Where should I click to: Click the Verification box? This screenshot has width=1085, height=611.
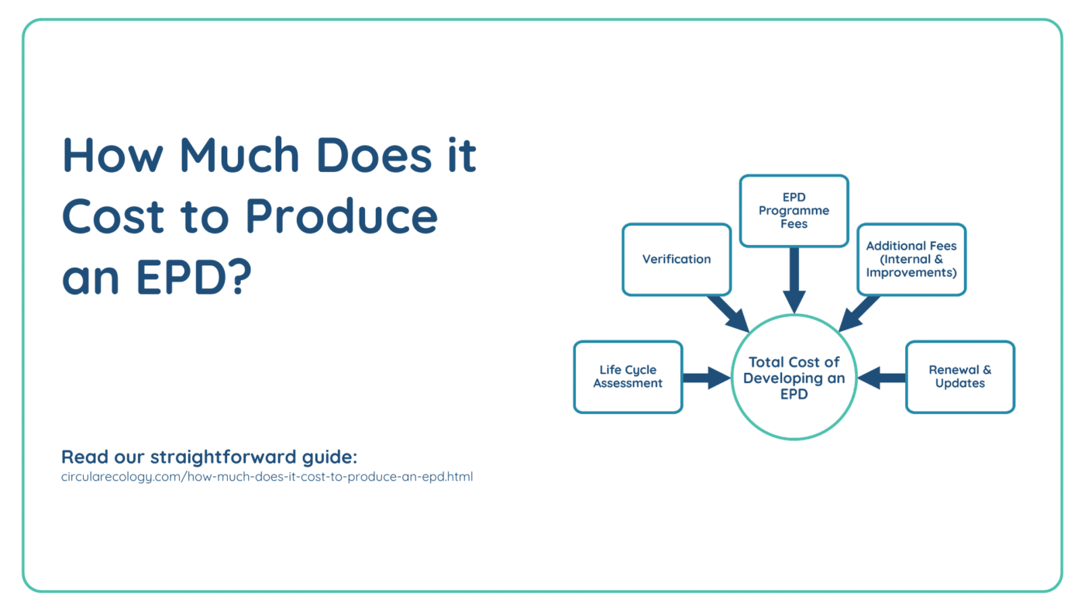(x=677, y=259)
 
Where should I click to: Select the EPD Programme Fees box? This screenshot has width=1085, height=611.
(x=794, y=211)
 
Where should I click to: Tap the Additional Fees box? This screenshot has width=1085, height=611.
(x=911, y=259)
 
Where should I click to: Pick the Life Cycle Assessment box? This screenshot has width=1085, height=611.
(x=628, y=377)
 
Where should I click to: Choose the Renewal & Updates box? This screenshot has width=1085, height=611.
(x=960, y=377)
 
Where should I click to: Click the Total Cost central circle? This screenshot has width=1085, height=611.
(x=794, y=378)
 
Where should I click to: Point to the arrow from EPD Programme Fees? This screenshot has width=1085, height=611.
(x=794, y=280)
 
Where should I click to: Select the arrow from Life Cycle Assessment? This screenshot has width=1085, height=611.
(x=707, y=378)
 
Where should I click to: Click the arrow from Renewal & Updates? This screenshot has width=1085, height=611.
(x=882, y=378)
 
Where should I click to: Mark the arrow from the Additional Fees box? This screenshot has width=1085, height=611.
(x=859, y=313)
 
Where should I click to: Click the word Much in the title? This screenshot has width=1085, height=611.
(x=239, y=155)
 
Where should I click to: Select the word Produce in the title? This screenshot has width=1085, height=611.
(x=342, y=216)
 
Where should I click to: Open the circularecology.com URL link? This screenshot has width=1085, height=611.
(x=267, y=477)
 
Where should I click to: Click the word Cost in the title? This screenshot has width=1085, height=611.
(x=113, y=216)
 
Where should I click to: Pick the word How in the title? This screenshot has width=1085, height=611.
(x=112, y=155)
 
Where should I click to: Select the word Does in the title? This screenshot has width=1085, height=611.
(x=374, y=155)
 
